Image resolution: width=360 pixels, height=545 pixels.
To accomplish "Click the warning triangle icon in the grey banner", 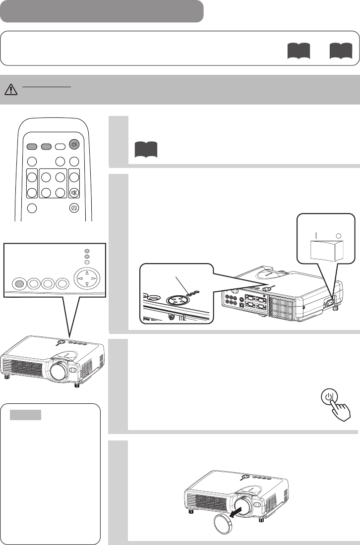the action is [10, 89].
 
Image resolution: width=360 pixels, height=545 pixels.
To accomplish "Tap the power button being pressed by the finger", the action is [328, 398].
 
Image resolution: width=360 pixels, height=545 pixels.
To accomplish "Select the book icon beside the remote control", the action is [145, 149].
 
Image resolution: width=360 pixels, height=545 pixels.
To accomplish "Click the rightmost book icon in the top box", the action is [341, 51].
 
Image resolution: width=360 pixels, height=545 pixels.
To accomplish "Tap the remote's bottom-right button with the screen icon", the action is [73, 208].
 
